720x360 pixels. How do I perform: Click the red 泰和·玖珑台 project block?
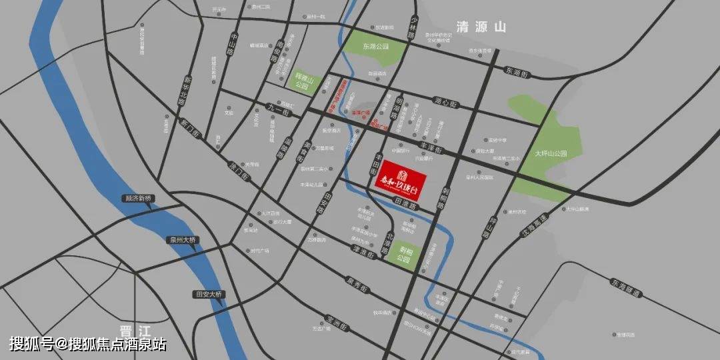coord(399,179)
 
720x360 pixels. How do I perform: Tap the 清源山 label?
coord(481,27)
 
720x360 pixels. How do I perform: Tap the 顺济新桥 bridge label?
coord(139,198)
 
